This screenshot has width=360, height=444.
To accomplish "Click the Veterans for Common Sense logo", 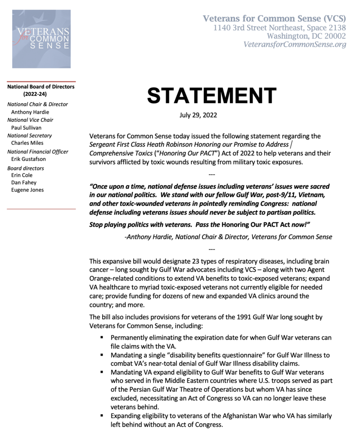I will [x=41, y=39].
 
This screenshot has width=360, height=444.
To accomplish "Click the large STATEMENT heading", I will [x=211, y=95].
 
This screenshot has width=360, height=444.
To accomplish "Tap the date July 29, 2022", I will [x=198, y=115].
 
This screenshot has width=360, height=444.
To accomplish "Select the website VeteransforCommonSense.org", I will [x=295, y=45].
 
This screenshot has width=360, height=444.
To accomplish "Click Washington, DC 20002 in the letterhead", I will [x=306, y=36].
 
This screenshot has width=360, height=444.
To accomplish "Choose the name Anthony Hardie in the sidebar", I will [x=30, y=112].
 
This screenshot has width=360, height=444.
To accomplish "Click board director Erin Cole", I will [x=22, y=175].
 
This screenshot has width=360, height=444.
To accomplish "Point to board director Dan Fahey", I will [x=24, y=183].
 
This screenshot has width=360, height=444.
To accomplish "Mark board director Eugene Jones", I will [x=27, y=190].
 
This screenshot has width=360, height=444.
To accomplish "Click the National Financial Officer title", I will [x=38, y=152].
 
